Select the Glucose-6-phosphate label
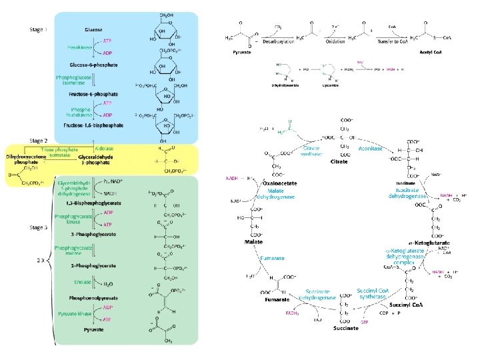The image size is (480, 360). (93, 65)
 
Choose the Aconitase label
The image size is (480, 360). (370, 149)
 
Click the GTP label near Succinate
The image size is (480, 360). (365, 322)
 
